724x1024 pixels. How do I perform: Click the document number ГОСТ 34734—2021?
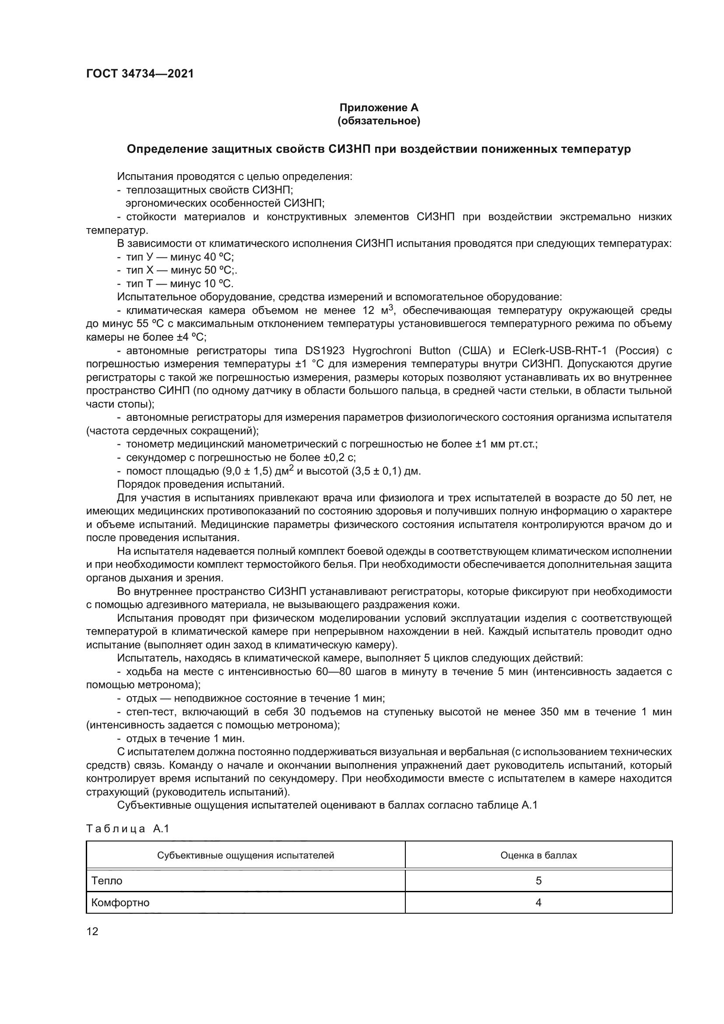click(140, 74)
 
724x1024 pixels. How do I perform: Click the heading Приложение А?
click(379, 108)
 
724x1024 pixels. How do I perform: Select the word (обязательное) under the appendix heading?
click(379, 121)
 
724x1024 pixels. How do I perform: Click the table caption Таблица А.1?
click(128, 829)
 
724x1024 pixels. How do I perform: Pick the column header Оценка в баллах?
click(538, 855)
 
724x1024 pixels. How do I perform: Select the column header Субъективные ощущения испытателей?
click(246, 855)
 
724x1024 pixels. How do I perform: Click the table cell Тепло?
click(107, 880)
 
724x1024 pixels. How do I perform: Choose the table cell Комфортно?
click(120, 902)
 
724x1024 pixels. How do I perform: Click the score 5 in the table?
click(538, 880)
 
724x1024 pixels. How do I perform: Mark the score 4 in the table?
click(538, 902)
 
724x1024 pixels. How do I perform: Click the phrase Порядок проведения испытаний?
click(200, 484)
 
